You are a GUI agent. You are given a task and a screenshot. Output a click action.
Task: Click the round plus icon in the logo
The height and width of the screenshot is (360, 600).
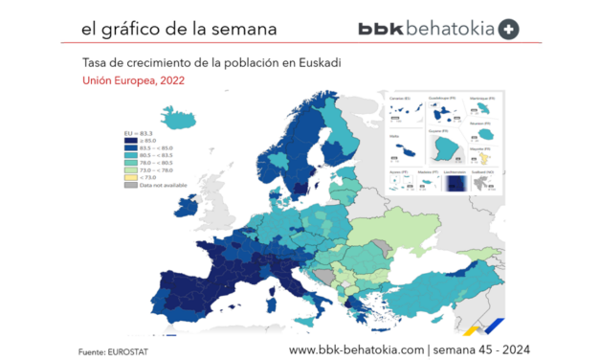[508, 29]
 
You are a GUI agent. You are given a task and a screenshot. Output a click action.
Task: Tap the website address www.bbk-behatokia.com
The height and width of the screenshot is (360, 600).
[356, 349]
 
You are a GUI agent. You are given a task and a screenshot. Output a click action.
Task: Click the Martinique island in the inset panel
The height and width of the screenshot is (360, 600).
[483, 110]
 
